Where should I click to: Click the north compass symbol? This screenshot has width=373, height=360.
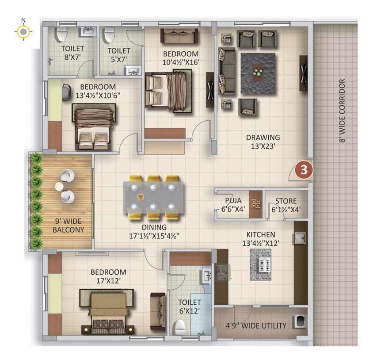point(23,31)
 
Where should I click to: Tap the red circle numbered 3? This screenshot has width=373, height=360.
point(304,170)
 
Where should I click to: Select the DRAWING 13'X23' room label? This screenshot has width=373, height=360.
point(263,142)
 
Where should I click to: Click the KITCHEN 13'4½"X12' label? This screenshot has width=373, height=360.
point(261,239)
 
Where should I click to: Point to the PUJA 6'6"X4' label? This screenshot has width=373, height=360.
point(233,205)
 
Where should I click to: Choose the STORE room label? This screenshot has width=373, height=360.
point(286,201)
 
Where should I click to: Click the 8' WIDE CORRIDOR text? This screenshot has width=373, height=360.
point(342,111)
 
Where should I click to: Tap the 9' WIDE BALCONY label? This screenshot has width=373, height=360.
point(69,225)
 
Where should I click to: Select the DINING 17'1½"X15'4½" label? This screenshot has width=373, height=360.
point(154,231)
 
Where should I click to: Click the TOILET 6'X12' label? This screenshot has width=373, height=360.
point(189,306)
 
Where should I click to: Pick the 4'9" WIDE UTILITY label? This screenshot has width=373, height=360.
point(256,326)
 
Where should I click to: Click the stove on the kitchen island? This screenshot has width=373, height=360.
point(265,265)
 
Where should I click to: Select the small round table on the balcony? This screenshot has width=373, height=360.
point(59,187)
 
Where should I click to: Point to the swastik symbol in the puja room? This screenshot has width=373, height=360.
point(256,204)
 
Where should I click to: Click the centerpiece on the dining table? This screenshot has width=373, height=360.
point(141,197)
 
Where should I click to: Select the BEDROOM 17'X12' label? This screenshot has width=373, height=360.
point(108,276)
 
